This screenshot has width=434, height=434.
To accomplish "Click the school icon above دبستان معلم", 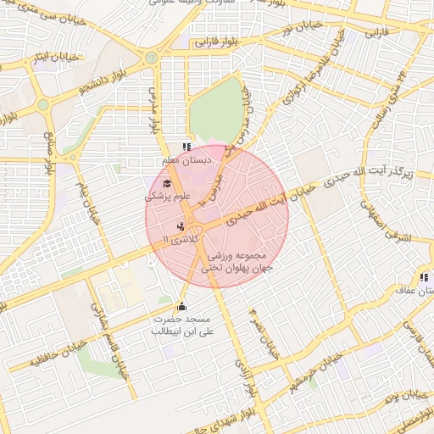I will (x=187, y=147).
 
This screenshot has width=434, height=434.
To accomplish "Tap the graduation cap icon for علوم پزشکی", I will (x=166, y=184).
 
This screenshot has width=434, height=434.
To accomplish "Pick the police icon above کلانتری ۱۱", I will (x=180, y=226).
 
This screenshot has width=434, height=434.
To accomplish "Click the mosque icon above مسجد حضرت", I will (x=180, y=306).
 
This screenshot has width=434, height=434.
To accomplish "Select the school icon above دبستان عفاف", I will (x=421, y=277).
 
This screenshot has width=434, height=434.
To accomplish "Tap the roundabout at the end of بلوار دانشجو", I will (x=151, y=58).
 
